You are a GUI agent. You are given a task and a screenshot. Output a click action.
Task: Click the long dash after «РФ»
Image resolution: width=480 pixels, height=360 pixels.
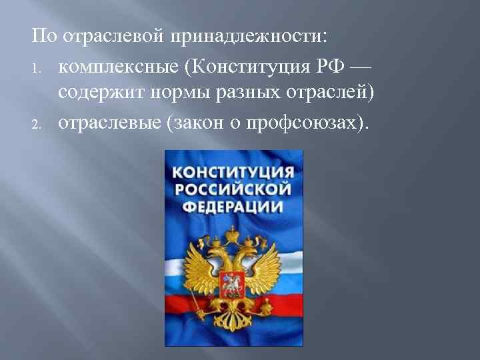pos(361,67)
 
